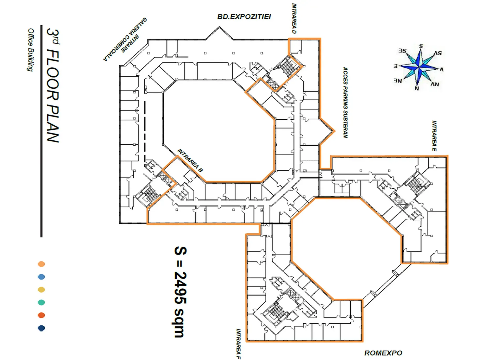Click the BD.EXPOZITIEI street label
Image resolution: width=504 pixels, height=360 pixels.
click(244, 17)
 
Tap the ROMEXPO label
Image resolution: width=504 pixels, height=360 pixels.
click(383, 353)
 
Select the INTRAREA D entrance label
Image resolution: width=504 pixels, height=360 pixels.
click(294, 18)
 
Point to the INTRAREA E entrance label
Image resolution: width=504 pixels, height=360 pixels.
click(434, 136)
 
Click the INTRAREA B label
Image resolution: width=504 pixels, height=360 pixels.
click(190, 160)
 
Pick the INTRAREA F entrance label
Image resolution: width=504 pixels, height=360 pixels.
click(238, 344)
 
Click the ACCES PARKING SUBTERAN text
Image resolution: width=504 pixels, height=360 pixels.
click(345, 102)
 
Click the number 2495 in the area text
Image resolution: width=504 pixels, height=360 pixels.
click(180, 287)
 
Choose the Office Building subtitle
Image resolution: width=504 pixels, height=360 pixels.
click(31, 50)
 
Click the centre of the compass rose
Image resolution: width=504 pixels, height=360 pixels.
click(419, 67)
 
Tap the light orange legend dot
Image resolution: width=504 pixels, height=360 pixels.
click(41, 264)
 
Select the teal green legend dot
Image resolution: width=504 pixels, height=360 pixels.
click(41, 303)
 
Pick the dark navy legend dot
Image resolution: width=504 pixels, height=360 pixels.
click(41, 328)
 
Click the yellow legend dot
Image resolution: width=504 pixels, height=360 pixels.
click(41, 290)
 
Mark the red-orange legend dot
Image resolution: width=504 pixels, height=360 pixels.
click(41, 315)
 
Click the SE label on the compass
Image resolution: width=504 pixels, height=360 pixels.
click(402, 51)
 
